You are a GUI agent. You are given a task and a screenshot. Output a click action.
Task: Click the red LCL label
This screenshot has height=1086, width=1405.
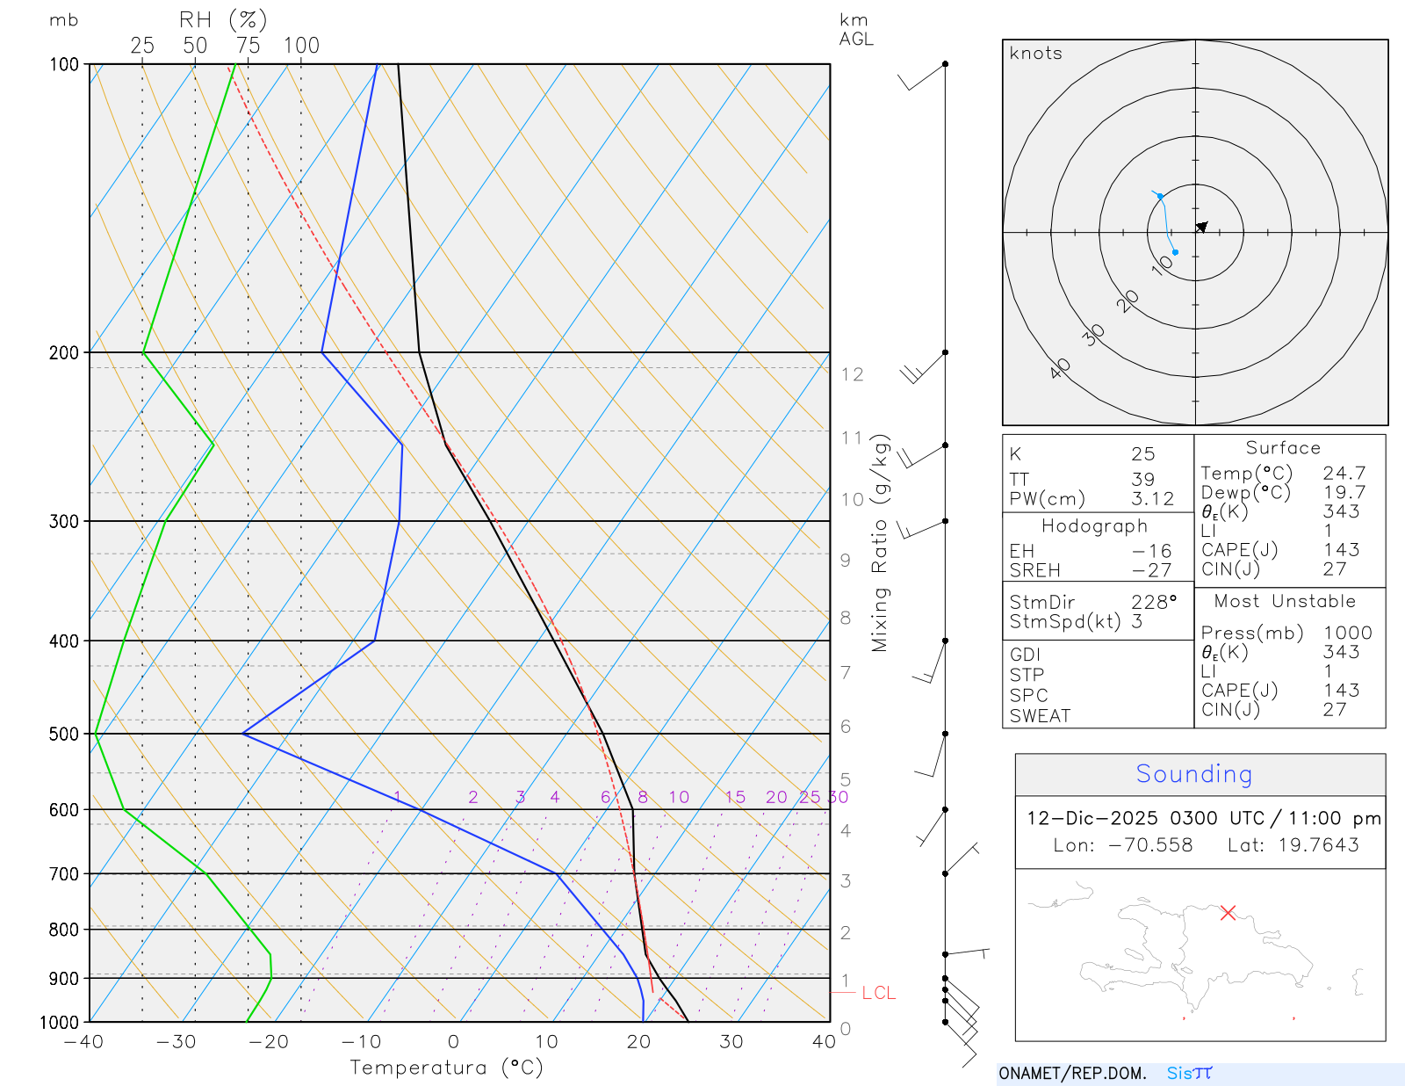point(878,993)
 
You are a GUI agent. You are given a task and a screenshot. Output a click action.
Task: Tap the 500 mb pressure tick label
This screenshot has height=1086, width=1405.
point(64,734)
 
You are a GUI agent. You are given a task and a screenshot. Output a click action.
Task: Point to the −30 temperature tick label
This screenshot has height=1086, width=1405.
point(176,1042)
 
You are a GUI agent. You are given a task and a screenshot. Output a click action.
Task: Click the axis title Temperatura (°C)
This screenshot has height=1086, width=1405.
point(446,1068)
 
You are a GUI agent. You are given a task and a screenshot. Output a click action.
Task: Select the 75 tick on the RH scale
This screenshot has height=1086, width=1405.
point(248,46)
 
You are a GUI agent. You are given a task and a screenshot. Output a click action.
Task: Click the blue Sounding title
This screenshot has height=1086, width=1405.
point(1193,774)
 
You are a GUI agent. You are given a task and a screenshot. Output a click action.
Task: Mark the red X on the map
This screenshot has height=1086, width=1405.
point(1228,913)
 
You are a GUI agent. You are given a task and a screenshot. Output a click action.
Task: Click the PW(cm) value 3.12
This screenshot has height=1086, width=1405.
point(1152,499)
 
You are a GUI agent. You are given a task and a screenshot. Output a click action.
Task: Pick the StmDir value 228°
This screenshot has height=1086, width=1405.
point(1154,603)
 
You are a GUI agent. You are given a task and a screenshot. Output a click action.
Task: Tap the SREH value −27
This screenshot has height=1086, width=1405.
point(1152,570)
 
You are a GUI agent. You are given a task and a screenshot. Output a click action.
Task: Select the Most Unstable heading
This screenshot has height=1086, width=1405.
point(1285,602)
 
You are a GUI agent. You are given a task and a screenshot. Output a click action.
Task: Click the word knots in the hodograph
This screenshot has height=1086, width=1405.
point(1036,54)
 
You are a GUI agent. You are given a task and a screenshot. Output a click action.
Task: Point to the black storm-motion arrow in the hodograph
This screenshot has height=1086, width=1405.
point(1201,227)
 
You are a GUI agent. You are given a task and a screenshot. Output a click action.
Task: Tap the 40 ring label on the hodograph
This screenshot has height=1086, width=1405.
point(1060,368)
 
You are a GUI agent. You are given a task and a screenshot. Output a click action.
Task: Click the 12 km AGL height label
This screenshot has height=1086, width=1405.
point(852,374)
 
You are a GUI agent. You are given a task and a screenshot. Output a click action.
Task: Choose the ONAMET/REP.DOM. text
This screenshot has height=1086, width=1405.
point(1072,1073)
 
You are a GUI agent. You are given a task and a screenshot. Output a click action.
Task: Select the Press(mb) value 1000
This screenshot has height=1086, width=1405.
point(1347,633)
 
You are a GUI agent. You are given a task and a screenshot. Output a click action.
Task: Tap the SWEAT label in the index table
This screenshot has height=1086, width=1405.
point(1040,716)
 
